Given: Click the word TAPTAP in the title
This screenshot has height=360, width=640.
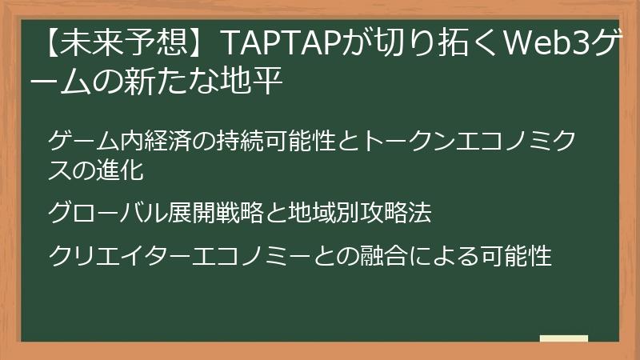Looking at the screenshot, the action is pos(282,42).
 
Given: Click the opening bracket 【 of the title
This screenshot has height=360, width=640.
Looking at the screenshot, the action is pos(47,42).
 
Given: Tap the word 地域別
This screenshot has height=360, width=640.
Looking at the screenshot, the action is pos(323,213).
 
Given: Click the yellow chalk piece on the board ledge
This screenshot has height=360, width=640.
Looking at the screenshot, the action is pos(564,338).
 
